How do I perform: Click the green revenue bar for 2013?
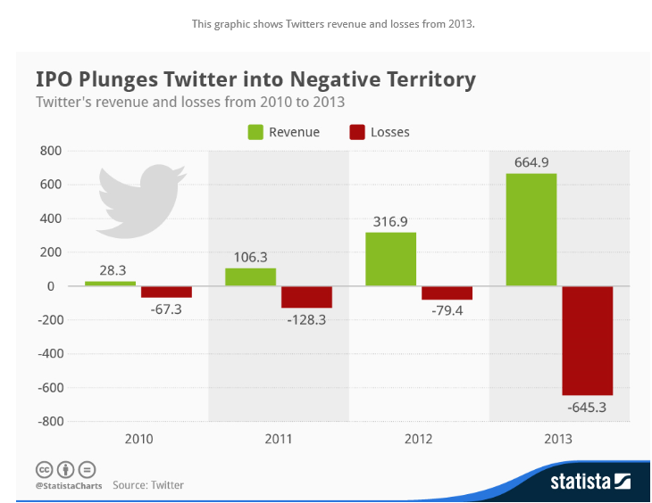(x=531, y=229)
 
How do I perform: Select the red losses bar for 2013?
(x=587, y=341)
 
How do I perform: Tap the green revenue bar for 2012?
(x=390, y=259)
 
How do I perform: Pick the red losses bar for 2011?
(x=306, y=297)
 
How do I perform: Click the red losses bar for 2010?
(x=166, y=292)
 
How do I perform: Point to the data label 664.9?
(x=531, y=162)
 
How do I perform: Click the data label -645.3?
(x=587, y=408)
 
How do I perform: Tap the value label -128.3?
(x=306, y=319)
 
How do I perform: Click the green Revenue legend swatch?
(x=255, y=132)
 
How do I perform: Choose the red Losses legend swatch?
(x=357, y=132)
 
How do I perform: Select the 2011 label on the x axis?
(x=279, y=439)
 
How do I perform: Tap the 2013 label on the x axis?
(x=559, y=439)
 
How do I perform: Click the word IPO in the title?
(x=54, y=79)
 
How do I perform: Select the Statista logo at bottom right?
(x=590, y=482)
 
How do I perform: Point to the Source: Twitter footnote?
(x=148, y=485)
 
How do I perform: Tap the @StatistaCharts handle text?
(x=69, y=486)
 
